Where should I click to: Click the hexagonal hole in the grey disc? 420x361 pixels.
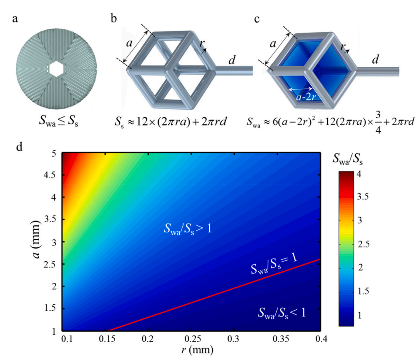[x=56, y=69]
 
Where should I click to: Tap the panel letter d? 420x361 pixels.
[x=19, y=147]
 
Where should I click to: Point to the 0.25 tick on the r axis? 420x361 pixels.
[x=193, y=339]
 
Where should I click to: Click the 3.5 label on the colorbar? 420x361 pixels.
[x=363, y=197]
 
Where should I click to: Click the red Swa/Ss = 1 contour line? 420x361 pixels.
[x=214, y=295]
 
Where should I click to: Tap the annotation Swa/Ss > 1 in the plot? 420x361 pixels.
[x=187, y=229]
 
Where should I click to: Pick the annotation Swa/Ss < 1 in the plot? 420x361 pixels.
[x=282, y=313]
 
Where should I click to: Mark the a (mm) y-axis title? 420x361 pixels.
[x=36, y=239]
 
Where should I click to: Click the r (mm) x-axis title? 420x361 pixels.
[x=197, y=350]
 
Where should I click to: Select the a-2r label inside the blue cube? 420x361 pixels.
[x=306, y=97]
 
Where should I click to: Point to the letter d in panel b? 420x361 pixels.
[x=232, y=60]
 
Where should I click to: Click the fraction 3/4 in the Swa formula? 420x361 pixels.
[x=378, y=122]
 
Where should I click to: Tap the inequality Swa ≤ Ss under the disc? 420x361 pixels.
[x=59, y=121]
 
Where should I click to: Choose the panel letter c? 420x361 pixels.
[x=257, y=19]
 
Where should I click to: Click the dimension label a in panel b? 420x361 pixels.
[x=129, y=43]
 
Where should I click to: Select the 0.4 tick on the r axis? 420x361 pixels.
[x=321, y=339]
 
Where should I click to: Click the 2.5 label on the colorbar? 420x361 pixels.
[x=363, y=244]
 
